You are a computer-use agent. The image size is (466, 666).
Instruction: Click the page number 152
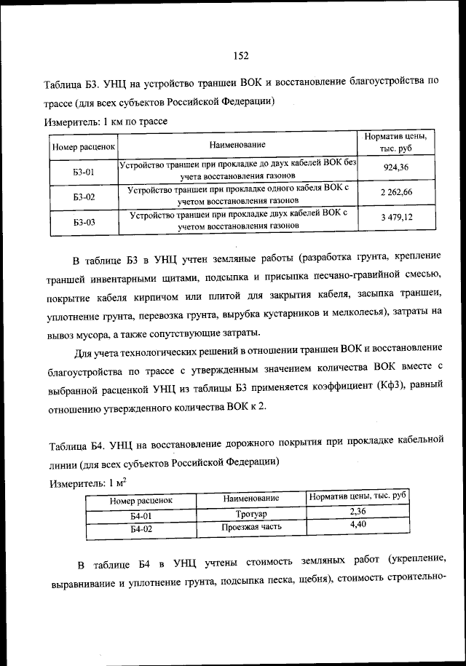click(242, 55)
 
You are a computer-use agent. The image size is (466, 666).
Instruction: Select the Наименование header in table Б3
click(237, 145)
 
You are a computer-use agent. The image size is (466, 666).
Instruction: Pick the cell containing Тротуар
click(251, 515)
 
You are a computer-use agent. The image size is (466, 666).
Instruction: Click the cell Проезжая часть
click(251, 526)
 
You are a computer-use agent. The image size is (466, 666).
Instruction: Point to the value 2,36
click(357, 512)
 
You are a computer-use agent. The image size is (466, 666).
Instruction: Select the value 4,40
click(357, 524)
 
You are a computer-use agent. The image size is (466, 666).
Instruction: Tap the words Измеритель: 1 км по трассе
click(106, 122)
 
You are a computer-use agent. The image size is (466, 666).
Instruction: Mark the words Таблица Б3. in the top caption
click(76, 85)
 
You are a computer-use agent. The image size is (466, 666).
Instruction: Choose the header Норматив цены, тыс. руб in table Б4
click(357, 496)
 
